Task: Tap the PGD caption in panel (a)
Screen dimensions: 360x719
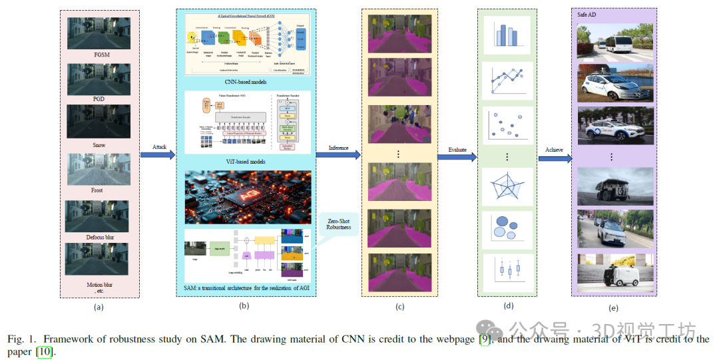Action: click(99, 98)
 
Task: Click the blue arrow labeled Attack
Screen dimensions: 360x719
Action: click(157, 155)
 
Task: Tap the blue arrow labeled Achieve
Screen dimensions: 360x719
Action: click(554, 158)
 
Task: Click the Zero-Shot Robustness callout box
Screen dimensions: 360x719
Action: click(338, 225)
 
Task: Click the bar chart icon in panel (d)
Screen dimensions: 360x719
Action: click(506, 33)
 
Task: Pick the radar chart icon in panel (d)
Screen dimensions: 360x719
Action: click(507, 186)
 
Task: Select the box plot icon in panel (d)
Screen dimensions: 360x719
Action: click(507, 270)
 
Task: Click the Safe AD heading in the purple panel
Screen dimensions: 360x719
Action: click(587, 15)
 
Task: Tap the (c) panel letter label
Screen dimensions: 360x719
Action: click(399, 306)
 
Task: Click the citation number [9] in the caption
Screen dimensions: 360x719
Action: click(487, 339)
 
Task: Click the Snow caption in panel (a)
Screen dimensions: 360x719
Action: click(99, 145)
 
